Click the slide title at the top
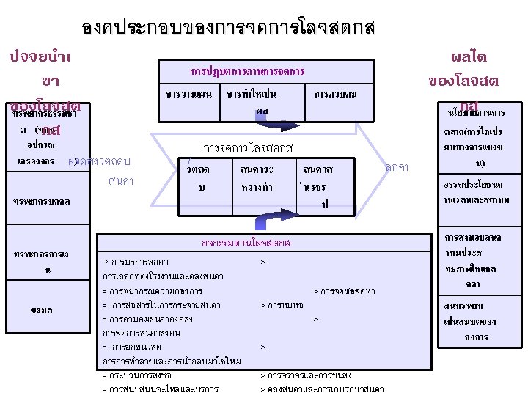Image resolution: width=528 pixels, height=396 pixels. pyautogui.click(x=228, y=29)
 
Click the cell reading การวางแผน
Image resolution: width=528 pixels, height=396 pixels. pyautogui.click(x=188, y=95)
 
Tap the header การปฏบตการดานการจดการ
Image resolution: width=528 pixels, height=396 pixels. pyautogui.click(x=247, y=72)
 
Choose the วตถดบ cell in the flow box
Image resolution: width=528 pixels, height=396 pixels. pyautogui.click(x=198, y=178)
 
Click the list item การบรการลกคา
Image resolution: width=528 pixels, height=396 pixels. pyautogui.click(x=136, y=262)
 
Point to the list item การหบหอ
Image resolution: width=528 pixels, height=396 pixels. pyautogui.click(x=283, y=304)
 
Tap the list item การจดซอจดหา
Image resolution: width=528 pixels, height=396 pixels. pyautogui.click(x=345, y=291)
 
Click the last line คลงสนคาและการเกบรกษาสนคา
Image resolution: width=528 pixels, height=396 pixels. pyautogui.click(x=323, y=388)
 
